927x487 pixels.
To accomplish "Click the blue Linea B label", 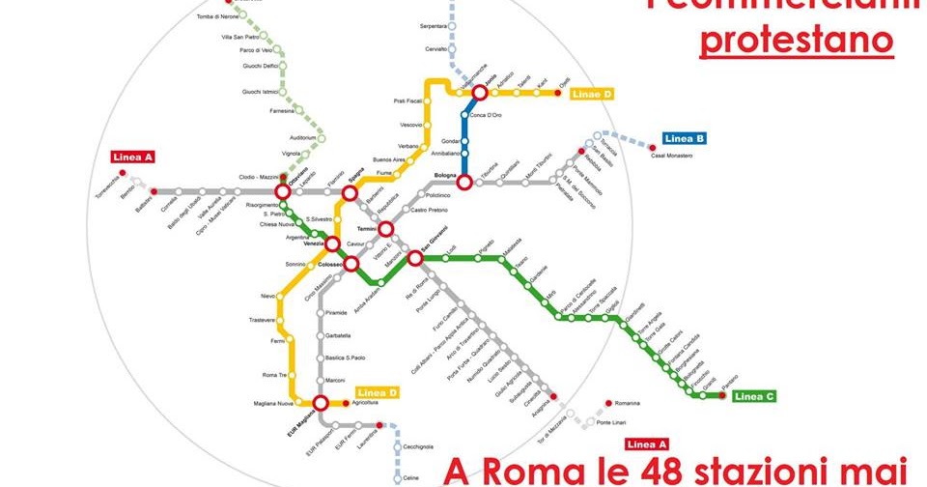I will coord(685,139).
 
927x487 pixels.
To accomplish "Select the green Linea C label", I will coord(754,396).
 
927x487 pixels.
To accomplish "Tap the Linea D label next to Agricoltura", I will coord(377,392).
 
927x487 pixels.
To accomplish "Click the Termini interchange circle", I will coord(385,230).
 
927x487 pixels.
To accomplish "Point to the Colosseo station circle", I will coord(351,263).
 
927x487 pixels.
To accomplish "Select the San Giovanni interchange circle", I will coord(415,258).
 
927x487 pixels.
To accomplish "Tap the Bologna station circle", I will coord(464,182).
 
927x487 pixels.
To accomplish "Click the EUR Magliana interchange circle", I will coord(321,403).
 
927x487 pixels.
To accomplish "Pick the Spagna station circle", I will coord(351,194).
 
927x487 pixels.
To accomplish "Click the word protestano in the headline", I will coord(797,42).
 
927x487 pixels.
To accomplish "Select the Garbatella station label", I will coord(339,335).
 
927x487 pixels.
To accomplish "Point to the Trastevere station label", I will coord(263,320).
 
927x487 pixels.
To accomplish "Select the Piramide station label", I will coord(336,313).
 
